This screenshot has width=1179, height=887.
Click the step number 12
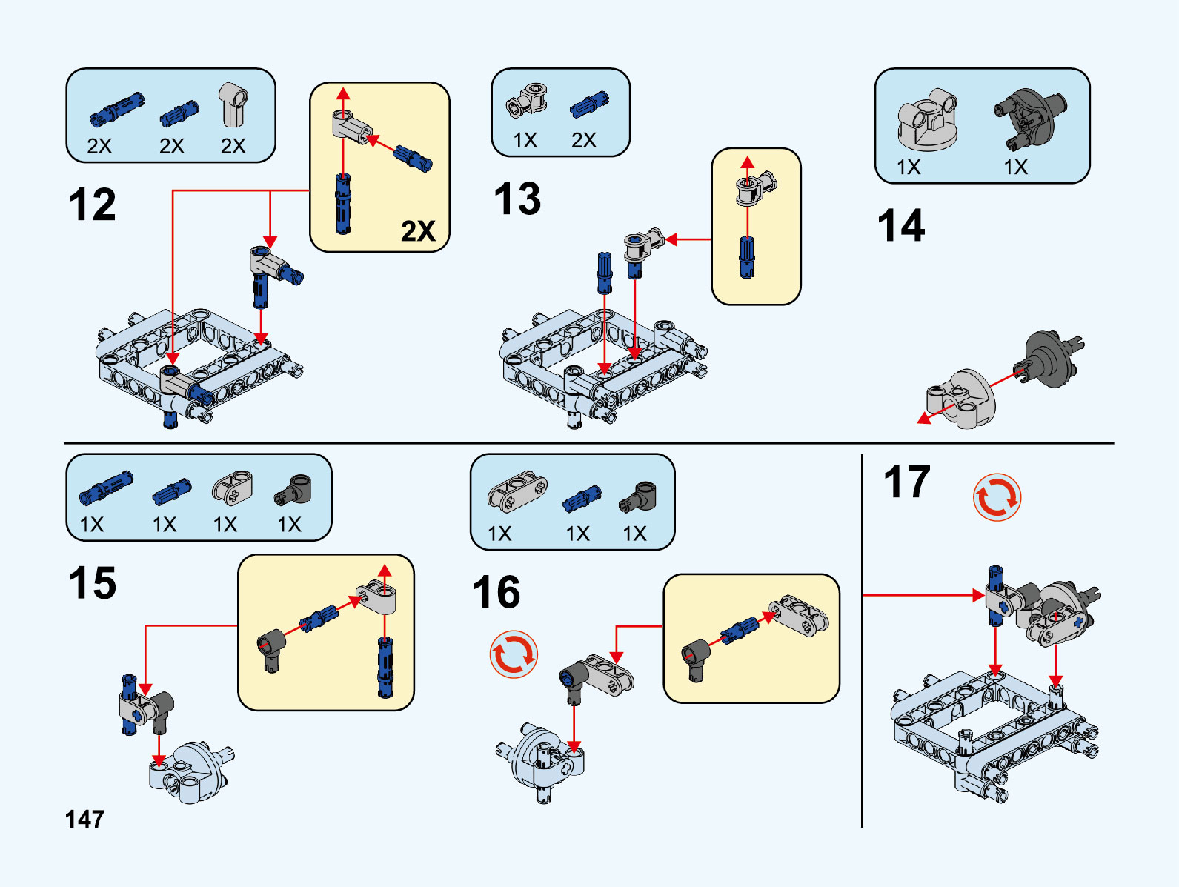coord(93,205)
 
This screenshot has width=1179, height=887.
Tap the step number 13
coord(517,199)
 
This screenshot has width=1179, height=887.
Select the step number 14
coord(901,226)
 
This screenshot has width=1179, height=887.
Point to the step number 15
coord(93,583)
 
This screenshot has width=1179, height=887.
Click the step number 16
coord(496,593)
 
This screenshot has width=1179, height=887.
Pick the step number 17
coord(907,482)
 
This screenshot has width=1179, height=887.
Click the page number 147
coord(84,820)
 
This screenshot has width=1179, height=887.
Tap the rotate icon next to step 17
coord(997,497)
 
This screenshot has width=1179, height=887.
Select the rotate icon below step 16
coord(514,654)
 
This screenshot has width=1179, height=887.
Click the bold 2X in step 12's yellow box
coord(418,231)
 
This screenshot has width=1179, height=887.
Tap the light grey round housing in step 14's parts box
coord(927,119)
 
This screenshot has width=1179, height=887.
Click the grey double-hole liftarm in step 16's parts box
coord(517,490)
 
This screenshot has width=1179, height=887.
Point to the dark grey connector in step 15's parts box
coord(293,490)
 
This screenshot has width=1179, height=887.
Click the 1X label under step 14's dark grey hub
coord(1015,167)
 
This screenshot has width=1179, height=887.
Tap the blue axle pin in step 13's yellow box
coord(747,256)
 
